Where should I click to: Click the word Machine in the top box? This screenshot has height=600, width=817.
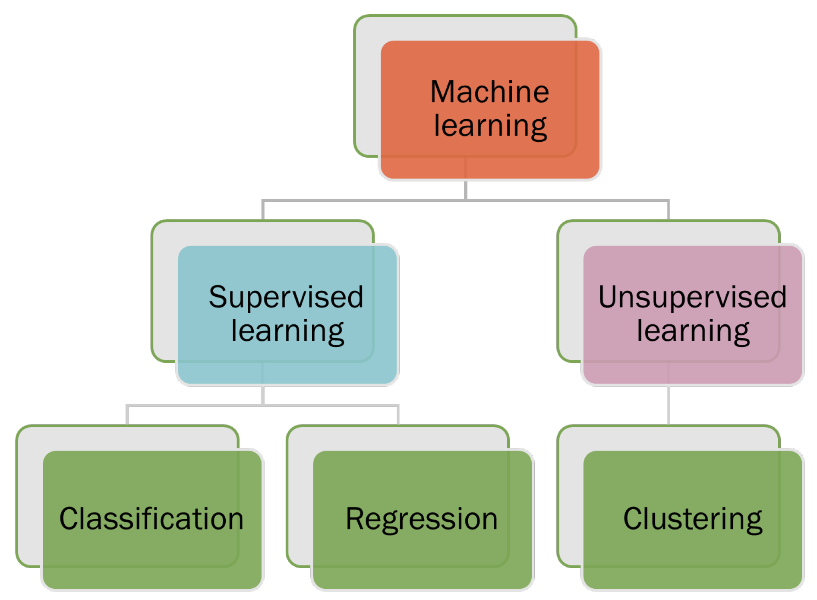tap(489, 92)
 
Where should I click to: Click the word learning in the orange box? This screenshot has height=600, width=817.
tap(490, 126)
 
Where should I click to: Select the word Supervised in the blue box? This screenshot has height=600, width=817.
tap(286, 297)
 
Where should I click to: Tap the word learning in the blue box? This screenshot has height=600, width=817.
tap(287, 331)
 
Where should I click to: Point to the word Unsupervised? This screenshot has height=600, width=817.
tap(692, 297)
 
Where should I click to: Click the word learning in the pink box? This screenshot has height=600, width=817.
tap(693, 331)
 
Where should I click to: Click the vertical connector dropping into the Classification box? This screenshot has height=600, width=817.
tap(127, 415)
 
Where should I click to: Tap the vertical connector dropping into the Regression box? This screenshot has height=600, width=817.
tap(397, 415)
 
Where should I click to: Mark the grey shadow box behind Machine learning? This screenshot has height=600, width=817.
tap(367, 86)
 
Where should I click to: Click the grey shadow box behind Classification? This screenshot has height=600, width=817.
tap(29, 497)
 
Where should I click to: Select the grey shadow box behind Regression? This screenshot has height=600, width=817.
tap(300, 497)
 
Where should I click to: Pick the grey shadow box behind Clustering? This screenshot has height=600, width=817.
tap(570, 497)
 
